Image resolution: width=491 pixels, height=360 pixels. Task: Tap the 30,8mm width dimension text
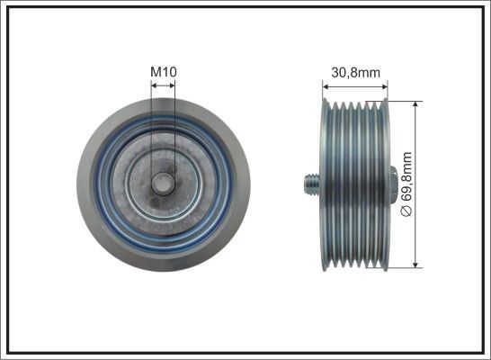tap(354, 72)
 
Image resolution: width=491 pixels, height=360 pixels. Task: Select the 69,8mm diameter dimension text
tap(406, 181)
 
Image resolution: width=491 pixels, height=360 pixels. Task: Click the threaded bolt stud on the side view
tap(308, 184)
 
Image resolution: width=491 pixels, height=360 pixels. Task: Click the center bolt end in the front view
tap(163, 184)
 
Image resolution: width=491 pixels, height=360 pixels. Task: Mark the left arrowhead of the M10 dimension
tap(153, 85)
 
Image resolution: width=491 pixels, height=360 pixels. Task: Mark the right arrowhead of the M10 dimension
tap(173, 85)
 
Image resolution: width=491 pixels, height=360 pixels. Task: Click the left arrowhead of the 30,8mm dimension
tap(326, 85)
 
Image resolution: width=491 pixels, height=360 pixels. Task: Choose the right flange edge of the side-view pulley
tap(384, 144)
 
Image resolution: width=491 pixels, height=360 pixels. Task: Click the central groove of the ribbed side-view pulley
tap(354, 184)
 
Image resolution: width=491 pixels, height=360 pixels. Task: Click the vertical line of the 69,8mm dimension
tap(415, 144)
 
